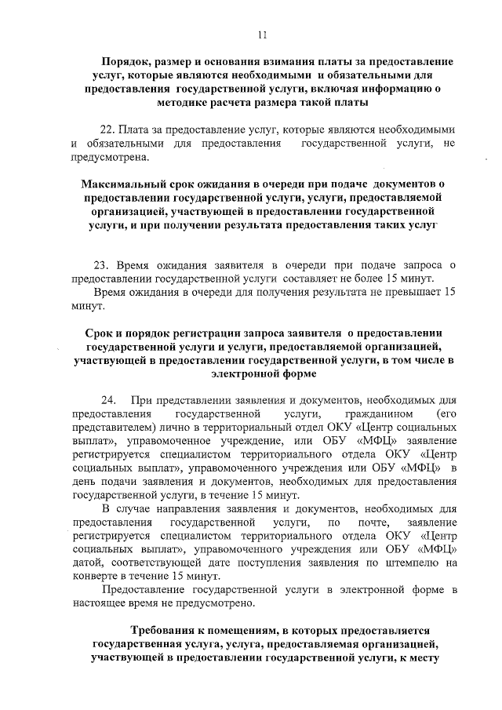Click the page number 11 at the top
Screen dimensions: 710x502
pyautogui.click(x=263, y=34)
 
